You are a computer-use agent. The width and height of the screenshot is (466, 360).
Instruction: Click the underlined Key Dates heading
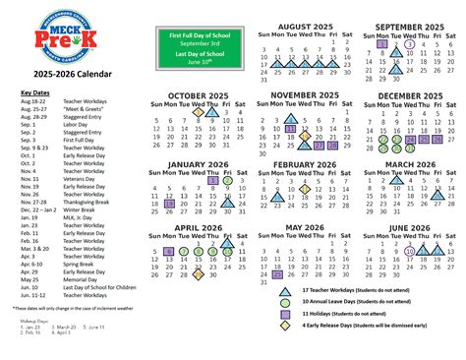point(34,92)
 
